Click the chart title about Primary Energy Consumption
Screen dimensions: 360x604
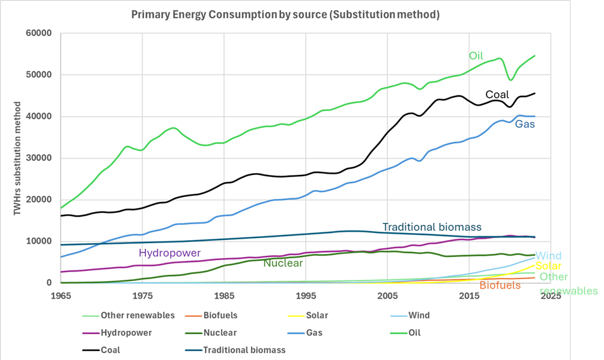286,14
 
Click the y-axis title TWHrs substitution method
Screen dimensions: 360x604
19,157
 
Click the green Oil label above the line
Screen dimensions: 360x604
476,56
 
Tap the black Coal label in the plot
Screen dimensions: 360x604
497,95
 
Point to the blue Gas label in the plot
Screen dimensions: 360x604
524,124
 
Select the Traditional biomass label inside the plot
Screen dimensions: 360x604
432,227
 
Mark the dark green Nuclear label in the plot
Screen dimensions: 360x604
282,263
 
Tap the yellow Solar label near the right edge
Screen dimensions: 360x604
548,266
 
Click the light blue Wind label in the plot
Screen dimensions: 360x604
548,255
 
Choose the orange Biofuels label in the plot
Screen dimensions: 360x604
500,285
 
